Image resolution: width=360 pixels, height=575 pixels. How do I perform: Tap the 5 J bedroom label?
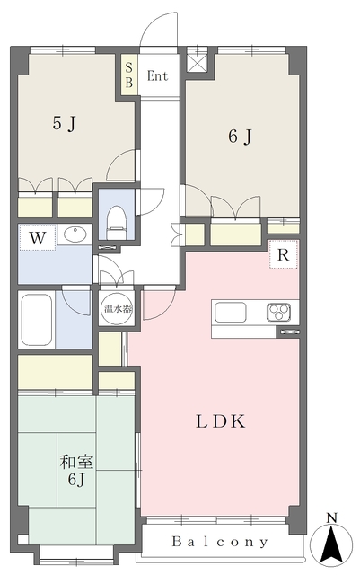point(63,124)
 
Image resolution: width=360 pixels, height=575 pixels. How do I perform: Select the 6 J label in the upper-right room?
point(238,137)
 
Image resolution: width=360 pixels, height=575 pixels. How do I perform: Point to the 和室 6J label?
point(74,470)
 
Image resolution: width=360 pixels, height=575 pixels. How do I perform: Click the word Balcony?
point(220,542)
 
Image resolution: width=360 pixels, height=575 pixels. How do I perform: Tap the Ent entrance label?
point(158,75)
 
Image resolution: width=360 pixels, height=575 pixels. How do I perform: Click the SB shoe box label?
point(128,75)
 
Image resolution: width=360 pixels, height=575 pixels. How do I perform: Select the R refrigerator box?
point(284,255)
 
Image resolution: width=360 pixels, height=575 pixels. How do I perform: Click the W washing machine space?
point(37,238)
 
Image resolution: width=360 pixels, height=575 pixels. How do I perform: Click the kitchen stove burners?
point(278,313)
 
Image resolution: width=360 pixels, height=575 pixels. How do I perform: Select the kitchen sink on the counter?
point(230,313)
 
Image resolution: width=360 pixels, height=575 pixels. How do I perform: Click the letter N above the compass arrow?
point(332,517)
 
